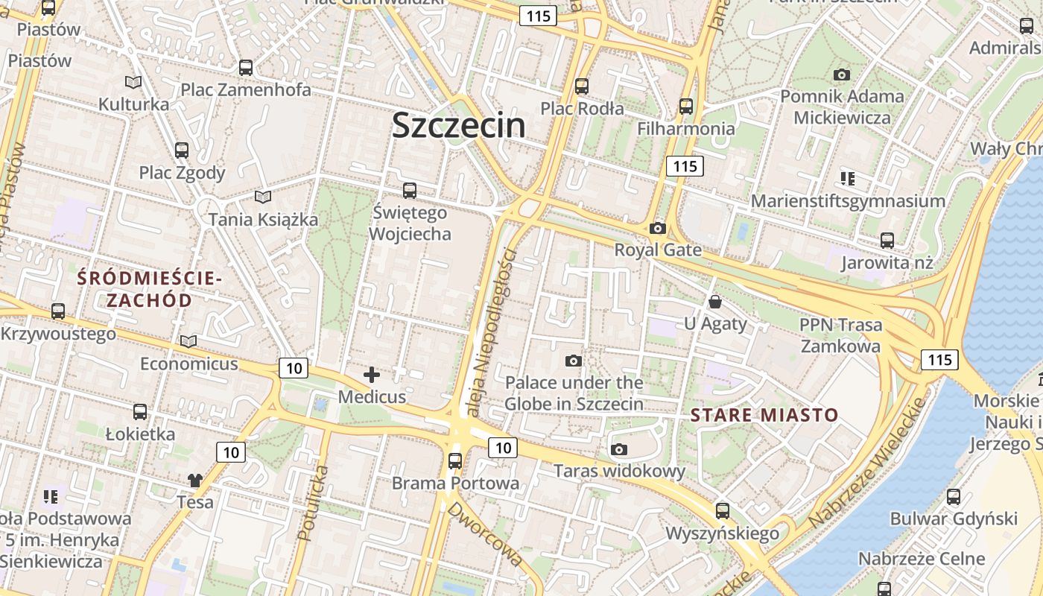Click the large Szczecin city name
[x=458, y=124]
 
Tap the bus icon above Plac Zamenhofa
[x=246, y=68]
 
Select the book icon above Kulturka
[x=133, y=82]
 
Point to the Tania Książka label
[x=263, y=219]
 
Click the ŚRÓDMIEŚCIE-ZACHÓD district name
[x=149, y=289]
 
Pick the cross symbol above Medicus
[x=372, y=375]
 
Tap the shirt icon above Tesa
[x=195, y=480]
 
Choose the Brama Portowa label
[x=455, y=483]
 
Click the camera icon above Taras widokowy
[x=618, y=449]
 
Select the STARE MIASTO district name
[x=764, y=415]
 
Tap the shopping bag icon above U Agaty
[x=715, y=302]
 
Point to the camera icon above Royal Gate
[x=657, y=228]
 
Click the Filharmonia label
[x=685, y=128]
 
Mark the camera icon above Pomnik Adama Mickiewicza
[x=842, y=74]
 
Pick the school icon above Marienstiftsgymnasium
[x=847, y=179]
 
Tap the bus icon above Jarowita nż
[x=887, y=241]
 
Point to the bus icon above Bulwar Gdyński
[x=953, y=497]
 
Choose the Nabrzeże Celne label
[x=921, y=558]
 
